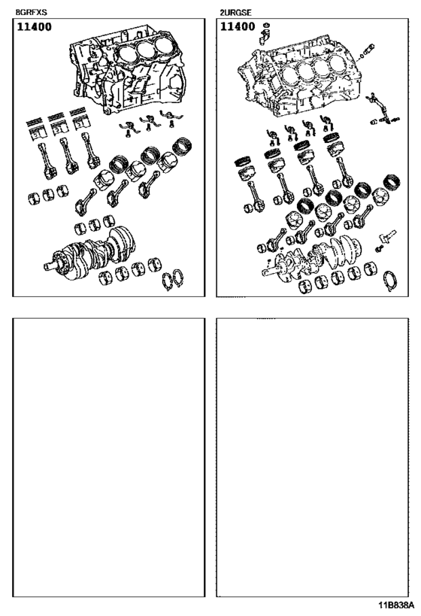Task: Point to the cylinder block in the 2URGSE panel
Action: (301, 79)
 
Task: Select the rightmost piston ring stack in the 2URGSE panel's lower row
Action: (390, 183)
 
